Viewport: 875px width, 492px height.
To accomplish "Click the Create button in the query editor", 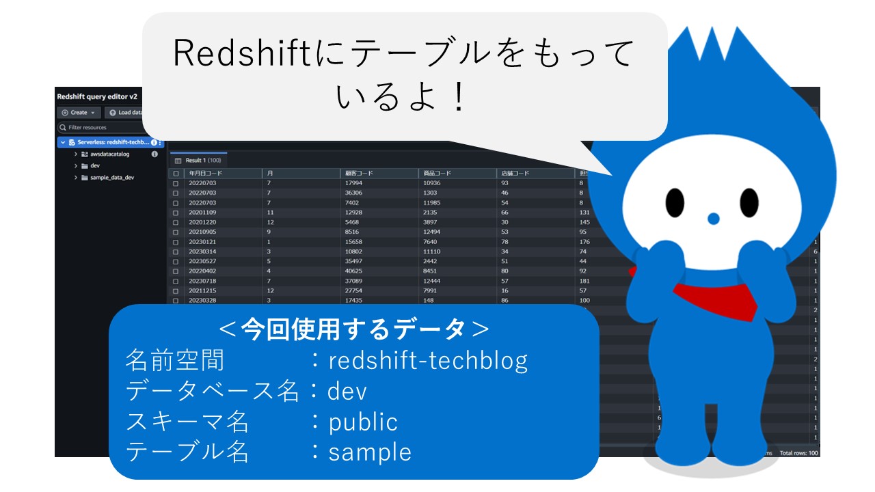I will [x=79, y=113].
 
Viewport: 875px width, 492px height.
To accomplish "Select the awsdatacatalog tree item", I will [x=109, y=154].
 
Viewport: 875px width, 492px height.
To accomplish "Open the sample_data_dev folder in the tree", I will [x=111, y=177].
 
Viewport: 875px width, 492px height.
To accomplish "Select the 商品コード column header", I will [x=437, y=174].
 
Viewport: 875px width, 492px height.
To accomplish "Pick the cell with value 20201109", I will [x=202, y=213].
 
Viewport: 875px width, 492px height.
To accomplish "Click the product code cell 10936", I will [x=432, y=183].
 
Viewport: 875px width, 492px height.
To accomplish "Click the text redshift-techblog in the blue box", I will [x=428, y=360].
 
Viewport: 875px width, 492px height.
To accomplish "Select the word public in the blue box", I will [x=363, y=422].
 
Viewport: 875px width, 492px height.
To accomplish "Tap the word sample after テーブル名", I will [x=370, y=452].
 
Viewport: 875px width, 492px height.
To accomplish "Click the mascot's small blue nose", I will [x=713, y=219].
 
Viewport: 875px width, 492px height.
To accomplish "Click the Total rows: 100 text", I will [x=798, y=453].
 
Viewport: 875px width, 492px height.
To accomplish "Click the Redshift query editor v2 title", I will [x=97, y=96].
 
